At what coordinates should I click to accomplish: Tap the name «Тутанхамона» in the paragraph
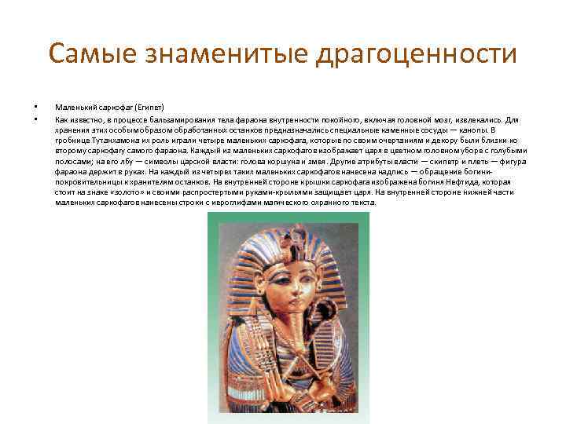click(x=108, y=139)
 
